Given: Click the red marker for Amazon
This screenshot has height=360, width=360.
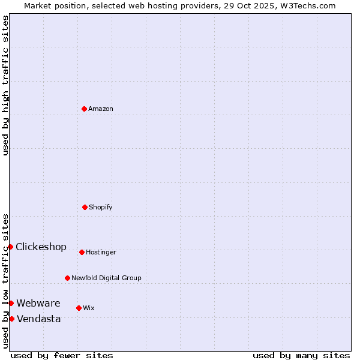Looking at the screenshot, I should pos(84,109).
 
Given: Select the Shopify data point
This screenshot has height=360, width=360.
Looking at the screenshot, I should pos(85,207).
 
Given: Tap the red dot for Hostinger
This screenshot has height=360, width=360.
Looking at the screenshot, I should pos(82,252).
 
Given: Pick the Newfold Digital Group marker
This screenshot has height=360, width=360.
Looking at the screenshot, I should pos(67,278).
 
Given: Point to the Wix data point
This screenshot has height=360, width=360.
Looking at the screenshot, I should pos(79,308).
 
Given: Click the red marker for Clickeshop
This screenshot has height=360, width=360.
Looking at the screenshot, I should pos(10,247).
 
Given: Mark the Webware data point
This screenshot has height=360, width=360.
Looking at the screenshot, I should pos(11,303).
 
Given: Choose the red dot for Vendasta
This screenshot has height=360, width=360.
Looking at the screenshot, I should pos(11,319).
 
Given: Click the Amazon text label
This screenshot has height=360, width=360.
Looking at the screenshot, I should pos(101,109).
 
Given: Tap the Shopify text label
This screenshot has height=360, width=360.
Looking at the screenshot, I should pos(101,207).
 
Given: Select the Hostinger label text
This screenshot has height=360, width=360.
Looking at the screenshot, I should pos(101,252).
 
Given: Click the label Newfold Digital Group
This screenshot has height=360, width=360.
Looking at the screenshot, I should pos(106,278).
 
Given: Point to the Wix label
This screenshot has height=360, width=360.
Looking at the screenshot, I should pos(89,308).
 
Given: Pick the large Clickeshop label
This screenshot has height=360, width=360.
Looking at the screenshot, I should pos(41,247).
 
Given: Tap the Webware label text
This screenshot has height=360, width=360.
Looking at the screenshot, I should pos(38,303).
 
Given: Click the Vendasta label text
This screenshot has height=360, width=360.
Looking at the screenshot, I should pos(39,319).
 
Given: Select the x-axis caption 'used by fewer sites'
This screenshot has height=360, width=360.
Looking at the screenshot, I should pos(62,355).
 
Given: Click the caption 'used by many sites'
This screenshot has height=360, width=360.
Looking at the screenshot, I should pos(301,355).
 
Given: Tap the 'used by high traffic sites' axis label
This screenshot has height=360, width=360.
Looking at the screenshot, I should pos(5,85).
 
